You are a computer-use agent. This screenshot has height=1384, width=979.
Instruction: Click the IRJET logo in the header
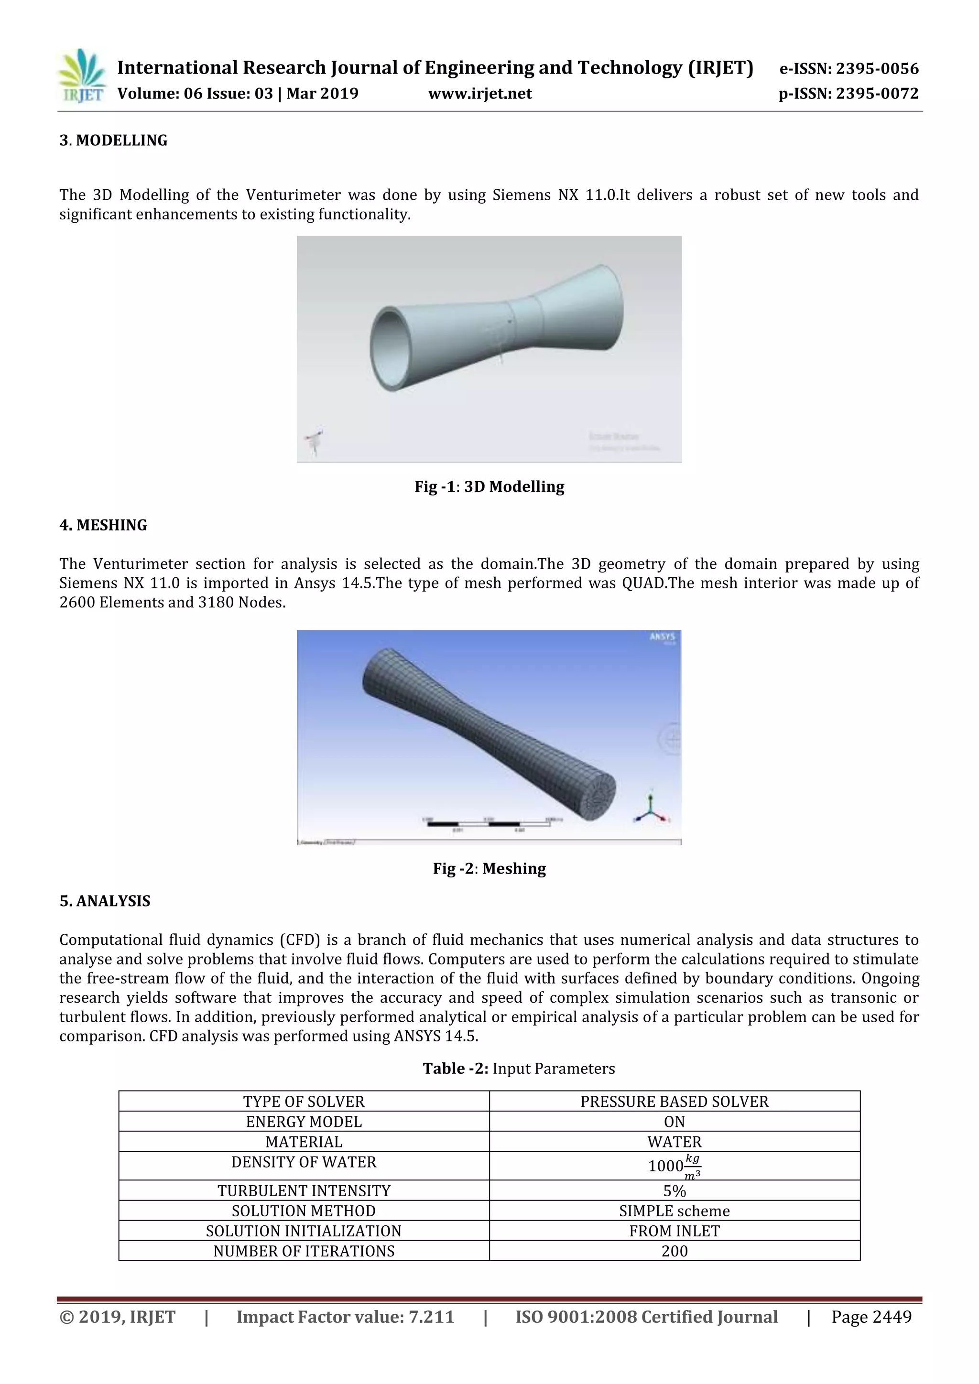coord(81,76)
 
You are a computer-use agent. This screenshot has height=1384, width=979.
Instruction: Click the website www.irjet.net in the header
coord(480,94)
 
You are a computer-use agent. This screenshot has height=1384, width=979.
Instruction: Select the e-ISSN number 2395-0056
coord(849,69)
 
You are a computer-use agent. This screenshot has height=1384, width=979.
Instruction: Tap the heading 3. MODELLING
coord(113,141)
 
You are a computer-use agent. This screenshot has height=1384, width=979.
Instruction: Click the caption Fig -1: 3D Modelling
coord(489,487)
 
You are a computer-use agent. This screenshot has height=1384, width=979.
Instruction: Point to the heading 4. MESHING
coord(103,525)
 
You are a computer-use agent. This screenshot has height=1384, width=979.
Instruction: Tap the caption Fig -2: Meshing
coord(489,869)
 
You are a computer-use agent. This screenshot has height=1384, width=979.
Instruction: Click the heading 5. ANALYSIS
coord(105,901)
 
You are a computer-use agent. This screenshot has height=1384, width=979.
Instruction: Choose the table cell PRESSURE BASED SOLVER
coord(674,1101)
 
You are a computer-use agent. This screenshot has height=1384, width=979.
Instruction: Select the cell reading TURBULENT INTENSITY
coord(304,1190)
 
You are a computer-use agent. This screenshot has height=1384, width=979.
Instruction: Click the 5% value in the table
coord(674,1190)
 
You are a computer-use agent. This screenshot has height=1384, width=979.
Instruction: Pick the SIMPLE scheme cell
coord(674,1211)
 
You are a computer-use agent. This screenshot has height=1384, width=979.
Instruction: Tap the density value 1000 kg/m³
coord(674,1166)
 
